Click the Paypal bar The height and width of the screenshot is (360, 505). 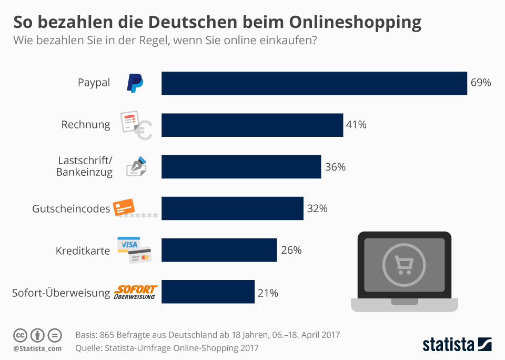coord(314,83)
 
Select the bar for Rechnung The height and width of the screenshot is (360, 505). coord(252,125)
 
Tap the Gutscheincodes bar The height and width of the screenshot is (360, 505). coord(232,208)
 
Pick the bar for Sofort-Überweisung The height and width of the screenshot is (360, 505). coord(208,292)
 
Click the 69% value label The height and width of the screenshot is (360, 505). coord(481,83)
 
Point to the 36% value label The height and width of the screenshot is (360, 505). coord(335,167)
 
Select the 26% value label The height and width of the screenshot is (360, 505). coord(291,250)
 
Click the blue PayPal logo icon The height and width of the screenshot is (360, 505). coord(135,83)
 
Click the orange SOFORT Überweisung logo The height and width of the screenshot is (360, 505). coord(136,292)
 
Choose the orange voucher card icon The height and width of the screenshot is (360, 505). coord(125,207)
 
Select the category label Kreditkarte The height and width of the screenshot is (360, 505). coord(83,251)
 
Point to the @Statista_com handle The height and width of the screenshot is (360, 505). coord(37,348)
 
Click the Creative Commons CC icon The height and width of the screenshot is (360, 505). coord(20,335)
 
